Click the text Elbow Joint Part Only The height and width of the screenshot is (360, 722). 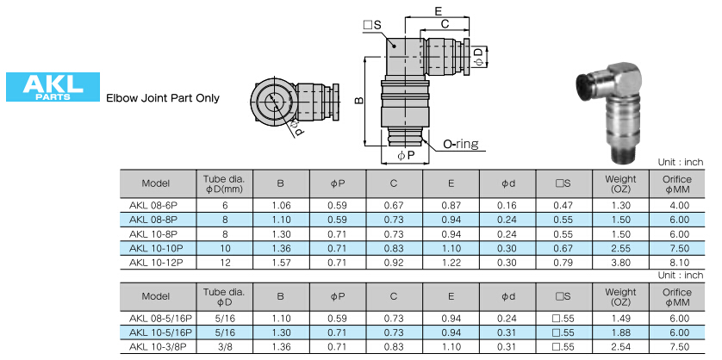pos(162,98)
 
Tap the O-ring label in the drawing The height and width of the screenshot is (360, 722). pos(461,145)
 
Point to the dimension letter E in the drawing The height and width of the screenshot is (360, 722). pos(439,11)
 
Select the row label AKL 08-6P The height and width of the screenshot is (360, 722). pos(156,206)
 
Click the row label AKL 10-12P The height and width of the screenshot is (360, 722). pos(156,261)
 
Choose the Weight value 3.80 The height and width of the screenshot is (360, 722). pos(619,261)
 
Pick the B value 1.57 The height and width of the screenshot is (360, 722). pos(280,261)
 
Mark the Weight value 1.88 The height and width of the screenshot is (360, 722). pos(619,332)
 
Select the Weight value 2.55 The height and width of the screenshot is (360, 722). pos(619,247)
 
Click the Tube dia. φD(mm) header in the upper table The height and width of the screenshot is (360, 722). pos(225,183)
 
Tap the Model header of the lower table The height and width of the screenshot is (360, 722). pos(156,296)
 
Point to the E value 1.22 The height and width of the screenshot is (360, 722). pos(451,261)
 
